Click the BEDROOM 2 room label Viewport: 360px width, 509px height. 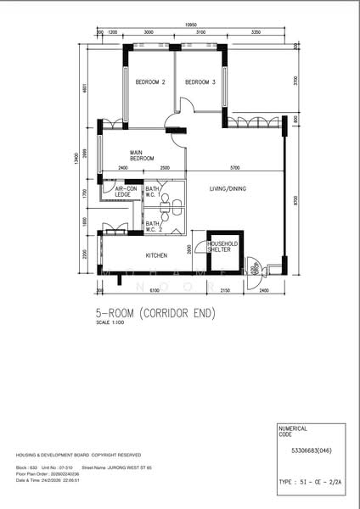[x=149, y=82]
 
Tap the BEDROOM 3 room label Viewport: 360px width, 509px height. [x=200, y=82]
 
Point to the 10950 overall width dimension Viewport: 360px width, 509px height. [x=193, y=25]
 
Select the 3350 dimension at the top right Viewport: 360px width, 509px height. [x=256, y=32]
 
